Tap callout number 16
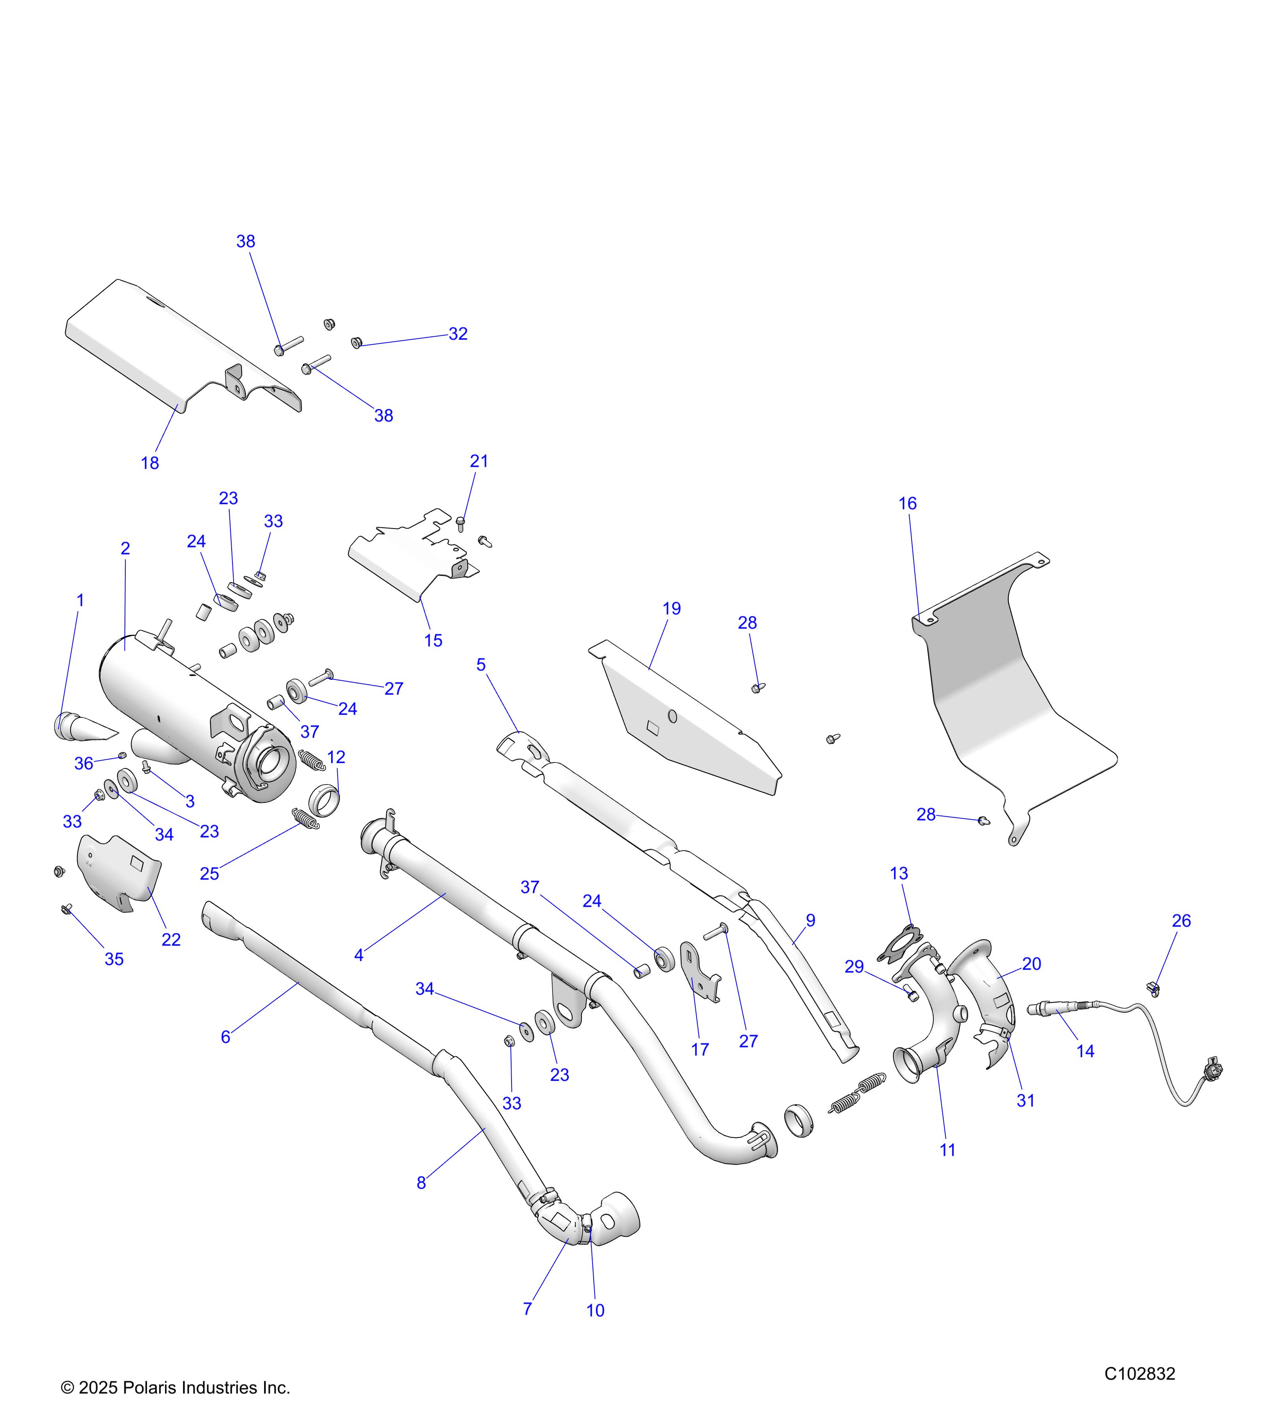(907, 503)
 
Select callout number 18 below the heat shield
(150, 463)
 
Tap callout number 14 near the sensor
(1086, 1051)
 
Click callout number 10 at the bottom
(595, 1311)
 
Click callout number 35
(114, 959)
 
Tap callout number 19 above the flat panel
(671, 608)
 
